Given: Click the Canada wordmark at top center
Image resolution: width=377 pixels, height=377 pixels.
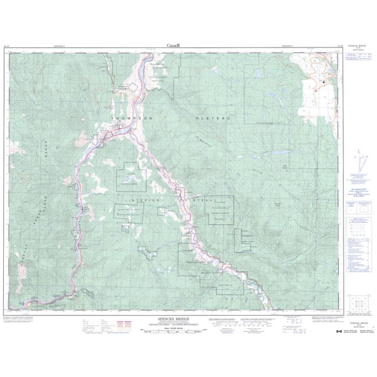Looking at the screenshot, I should pos(174,45).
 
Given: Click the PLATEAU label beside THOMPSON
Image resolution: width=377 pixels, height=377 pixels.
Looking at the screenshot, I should pos(213,117).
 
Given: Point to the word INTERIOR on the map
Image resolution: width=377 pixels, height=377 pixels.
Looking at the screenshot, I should pos(131,200).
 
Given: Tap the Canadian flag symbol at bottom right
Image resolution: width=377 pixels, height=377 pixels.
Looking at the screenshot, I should pos(339,332).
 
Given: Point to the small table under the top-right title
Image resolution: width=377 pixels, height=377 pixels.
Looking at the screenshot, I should pos(358,57).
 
